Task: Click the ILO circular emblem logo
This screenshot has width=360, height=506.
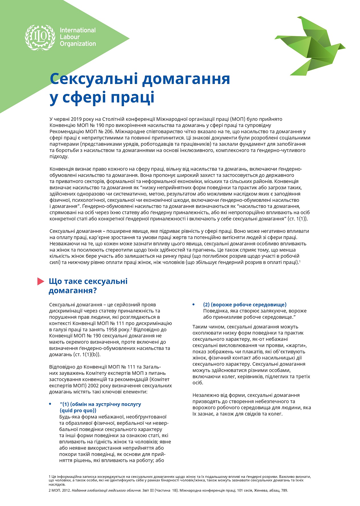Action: pyautogui.click(x=40, y=37)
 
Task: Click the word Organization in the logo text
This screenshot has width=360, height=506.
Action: pyautogui.click(x=78, y=44)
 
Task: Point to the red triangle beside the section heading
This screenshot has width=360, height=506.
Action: pyautogui.click(x=41, y=281)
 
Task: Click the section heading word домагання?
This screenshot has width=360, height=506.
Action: pyautogui.click(x=73, y=291)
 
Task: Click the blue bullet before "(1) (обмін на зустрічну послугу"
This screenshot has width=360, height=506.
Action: pyautogui.click(x=50, y=404)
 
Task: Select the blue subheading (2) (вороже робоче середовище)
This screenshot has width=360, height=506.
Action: pyautogui.click(x=245, y=305)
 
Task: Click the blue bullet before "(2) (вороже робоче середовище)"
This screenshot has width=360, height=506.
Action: pyautogui.click(x=194, y=305)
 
